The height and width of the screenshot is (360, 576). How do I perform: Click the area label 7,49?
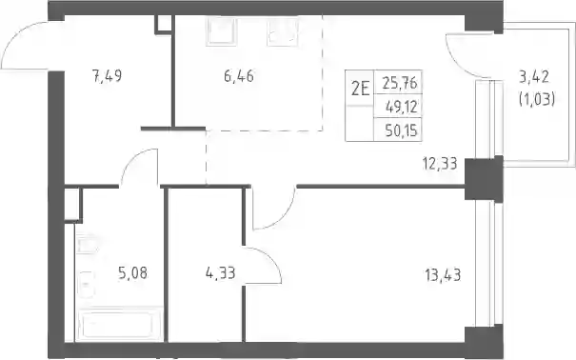tap(107, 76)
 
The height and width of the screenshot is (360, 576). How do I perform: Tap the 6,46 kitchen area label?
tap(239, 76)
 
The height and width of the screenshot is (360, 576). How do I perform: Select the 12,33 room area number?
tap(440, 164)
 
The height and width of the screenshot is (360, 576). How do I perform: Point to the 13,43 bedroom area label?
tap(443, 275)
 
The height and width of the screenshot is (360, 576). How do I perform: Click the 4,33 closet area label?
tap(221, 273)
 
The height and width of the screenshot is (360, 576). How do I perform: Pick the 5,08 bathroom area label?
tap(132, 273)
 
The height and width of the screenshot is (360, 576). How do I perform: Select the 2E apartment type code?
tap(360, 89)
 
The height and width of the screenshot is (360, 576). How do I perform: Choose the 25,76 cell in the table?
tap(400, 84)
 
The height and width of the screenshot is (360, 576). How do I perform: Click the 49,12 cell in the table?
tap(401, 107)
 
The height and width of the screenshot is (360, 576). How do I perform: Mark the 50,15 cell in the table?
tap(401, 130)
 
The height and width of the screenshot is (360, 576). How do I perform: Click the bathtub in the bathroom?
tap(119, 324)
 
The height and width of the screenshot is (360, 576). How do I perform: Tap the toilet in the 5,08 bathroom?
tap(86, 285)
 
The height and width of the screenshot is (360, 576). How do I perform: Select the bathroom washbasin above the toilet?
tap(87, 243)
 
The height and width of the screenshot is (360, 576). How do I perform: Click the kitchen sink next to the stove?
tap(283, 31)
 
